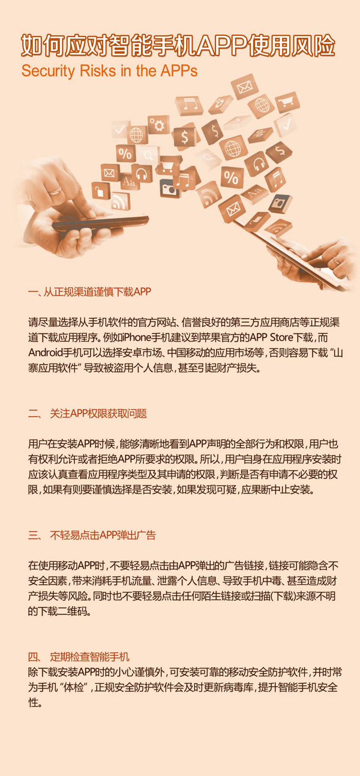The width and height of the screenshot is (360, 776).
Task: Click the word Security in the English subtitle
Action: (x=48, y=71)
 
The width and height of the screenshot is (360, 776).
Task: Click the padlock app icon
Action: (x=101, y=190)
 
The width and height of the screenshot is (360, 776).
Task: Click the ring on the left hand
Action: (x=56, y=191)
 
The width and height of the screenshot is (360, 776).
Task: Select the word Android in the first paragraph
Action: (x=46, y=353)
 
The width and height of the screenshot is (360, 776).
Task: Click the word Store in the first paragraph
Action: (x=280, y=338)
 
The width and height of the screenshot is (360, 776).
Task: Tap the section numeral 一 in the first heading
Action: (x=33, y=292)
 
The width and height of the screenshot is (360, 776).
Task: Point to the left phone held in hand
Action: (x=100, y=224)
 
